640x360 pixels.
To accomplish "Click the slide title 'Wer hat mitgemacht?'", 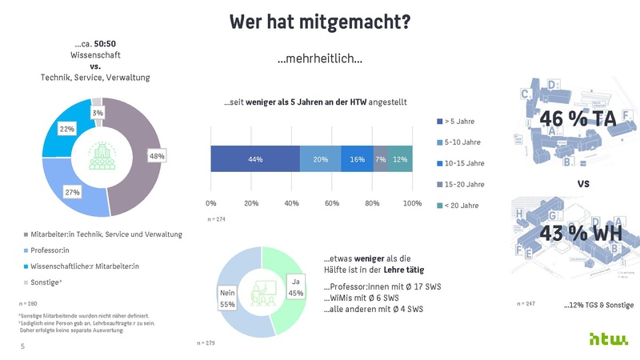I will click(x=320, y=22).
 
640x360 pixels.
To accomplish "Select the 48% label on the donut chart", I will click(x=157, y=156).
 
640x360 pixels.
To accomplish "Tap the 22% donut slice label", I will click(x=67, y=129).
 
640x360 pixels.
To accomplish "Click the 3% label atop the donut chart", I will click(x=97, y=114).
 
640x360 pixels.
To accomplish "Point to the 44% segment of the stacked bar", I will click(x=255, y=159).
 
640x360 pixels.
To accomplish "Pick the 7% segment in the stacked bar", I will click(x=380, y=159).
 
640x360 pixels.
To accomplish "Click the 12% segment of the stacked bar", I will click(x=400, y=159).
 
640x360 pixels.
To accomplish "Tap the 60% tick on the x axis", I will click(x=332, y=203).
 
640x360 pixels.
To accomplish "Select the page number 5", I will click(x=22, y=346).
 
